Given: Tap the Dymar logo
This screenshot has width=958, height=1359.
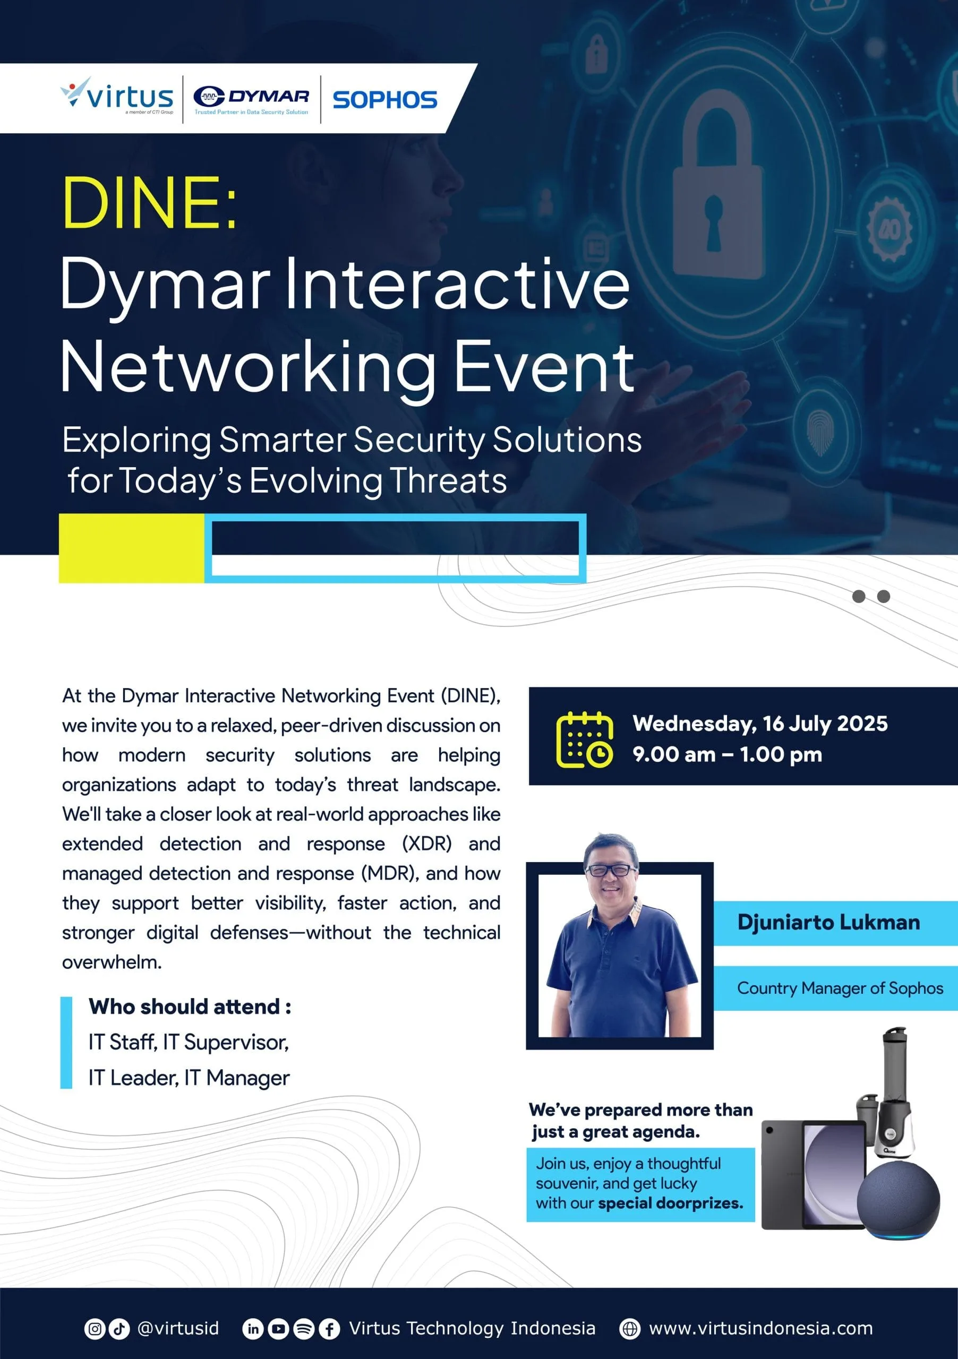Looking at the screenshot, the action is (251, 99).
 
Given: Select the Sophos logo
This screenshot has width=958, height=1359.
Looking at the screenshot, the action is (385, 99).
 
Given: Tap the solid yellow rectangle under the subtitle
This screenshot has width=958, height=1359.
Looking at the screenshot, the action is (132, 548).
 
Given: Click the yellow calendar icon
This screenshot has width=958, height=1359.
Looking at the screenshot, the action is (584, 739).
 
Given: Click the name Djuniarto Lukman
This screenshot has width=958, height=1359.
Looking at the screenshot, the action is (828, 922).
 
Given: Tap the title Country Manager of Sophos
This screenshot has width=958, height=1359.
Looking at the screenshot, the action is (840, 988).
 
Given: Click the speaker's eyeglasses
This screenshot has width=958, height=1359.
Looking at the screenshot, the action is (611, 870).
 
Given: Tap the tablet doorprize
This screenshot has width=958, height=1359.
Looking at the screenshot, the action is (814, 1175).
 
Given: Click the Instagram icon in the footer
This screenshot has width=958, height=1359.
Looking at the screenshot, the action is (95, 1329).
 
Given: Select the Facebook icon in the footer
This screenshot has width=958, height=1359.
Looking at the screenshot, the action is (329, 1329).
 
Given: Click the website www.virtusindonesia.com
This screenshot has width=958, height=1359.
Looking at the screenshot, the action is (761, 1328).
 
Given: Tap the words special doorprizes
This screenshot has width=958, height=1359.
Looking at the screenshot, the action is (670, 1203).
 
